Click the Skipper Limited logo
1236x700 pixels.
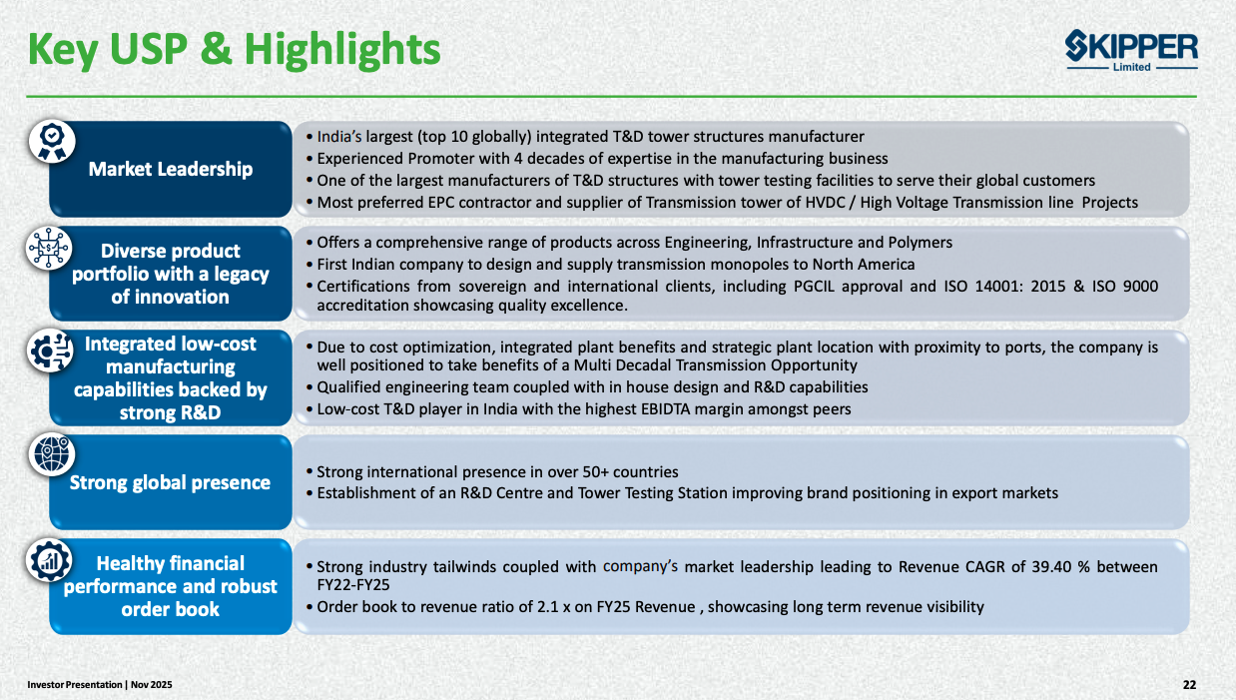(1131, 51)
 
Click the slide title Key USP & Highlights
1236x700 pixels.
(234, 50)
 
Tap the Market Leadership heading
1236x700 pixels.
(171, 169)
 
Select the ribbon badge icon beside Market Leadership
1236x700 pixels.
(52, 142)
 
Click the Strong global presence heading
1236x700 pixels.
(170, 482)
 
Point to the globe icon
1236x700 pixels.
(52, 454)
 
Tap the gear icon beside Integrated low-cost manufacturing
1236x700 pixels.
(50, 350)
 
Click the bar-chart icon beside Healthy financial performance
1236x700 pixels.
(49, 560)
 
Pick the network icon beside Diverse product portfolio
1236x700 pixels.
(49, 248)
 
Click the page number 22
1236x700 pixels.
(1189, 685)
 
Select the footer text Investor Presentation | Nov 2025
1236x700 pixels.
(100, 685)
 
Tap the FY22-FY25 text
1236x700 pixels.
(353, 584)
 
